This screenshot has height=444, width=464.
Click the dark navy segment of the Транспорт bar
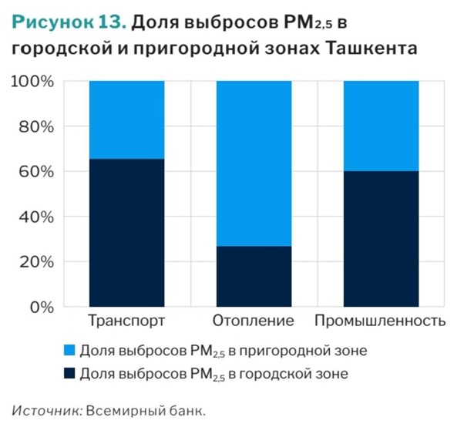pyautogui.click(x=126, y=233)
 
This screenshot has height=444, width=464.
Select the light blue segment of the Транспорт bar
pyautogui.click(x=126, y=119)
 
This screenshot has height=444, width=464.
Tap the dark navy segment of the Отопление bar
pyautogui.click(x=254, y=276)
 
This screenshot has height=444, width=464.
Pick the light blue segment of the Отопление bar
pyautogui.click(x=254, y=163)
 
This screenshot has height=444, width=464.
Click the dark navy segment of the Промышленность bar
pyautogui.click(x=381, y=239)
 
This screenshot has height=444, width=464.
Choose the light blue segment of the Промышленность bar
pyautogui.click(x=381, y=126)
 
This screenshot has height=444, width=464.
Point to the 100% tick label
pyautogui.click(x=32, y=82)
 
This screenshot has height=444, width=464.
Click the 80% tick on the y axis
pyautogui.click(x=36, y=126)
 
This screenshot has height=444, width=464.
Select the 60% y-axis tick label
pyautogui.click(x=36, y=172)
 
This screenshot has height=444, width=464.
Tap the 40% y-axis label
pyautogui.click(x=36, y=217)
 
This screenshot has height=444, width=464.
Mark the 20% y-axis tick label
pyautogui.click(x=36, y=262)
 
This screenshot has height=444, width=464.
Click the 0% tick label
pyautogui.click(x=40, y=307)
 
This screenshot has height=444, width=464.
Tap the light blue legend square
pyautogui.click(x=69, y=351)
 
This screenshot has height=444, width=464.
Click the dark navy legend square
pyautogui.click(x=69, y=375)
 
